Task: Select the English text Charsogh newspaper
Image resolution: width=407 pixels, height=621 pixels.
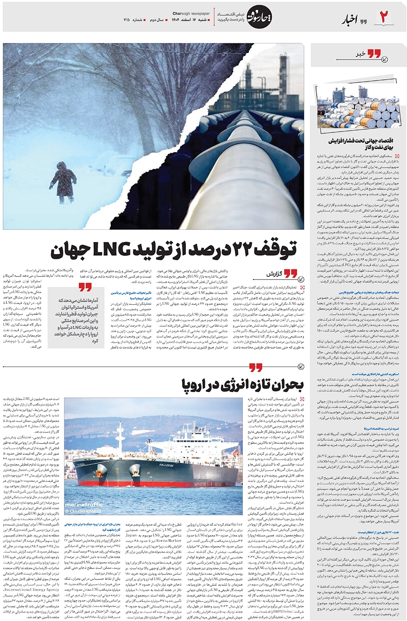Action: coord(190,13)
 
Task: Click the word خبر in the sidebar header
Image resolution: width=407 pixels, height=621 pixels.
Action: coord(360,54)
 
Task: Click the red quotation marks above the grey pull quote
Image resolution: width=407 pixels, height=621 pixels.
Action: coord(85,287)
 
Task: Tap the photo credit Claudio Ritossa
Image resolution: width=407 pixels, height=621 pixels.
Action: coord(83,511)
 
